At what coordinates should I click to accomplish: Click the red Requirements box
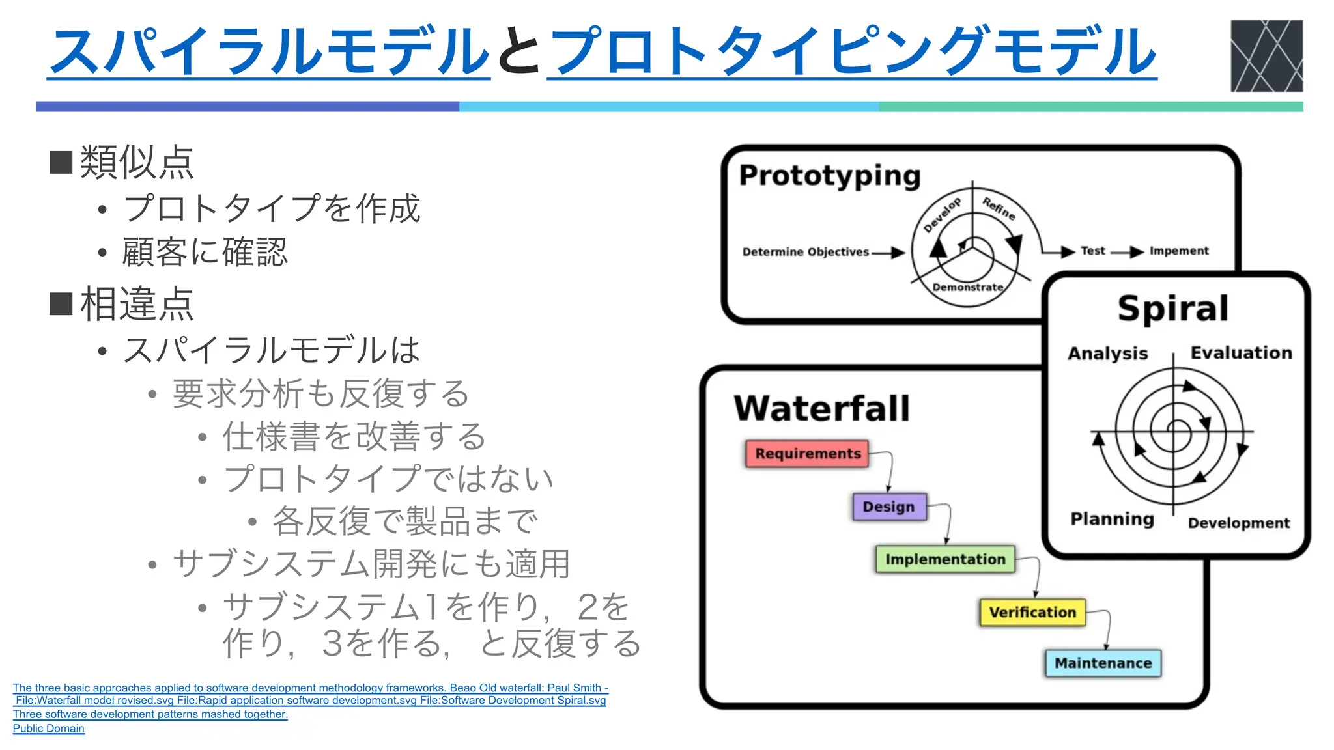point(807,454)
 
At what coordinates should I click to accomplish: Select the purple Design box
point(889,507)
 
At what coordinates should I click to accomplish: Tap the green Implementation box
point(945,559)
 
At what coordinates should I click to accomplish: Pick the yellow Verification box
point(1032,613)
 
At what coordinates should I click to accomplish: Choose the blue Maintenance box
point(1103,663)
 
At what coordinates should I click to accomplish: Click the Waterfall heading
point(821,409)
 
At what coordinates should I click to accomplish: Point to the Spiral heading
point(1173,309)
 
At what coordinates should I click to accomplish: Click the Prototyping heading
point(830,176)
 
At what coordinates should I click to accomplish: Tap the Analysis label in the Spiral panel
point(1107,354)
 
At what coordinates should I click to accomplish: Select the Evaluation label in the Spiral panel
point(1241,353)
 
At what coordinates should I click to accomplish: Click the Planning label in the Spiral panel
point(1112,519)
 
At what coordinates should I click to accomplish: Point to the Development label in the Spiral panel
point(1238,523)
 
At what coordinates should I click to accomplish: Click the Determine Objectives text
point(806,252)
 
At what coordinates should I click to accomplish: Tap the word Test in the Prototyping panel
point(1093,251)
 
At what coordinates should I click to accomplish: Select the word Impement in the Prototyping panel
point(1179,251)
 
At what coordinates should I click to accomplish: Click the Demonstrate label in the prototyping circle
point(968,287)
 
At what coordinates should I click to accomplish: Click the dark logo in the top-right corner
point(1266,56)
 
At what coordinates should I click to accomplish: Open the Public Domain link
point(49,729)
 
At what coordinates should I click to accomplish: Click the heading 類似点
point(137,162)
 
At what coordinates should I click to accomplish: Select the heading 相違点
point(137,304)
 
